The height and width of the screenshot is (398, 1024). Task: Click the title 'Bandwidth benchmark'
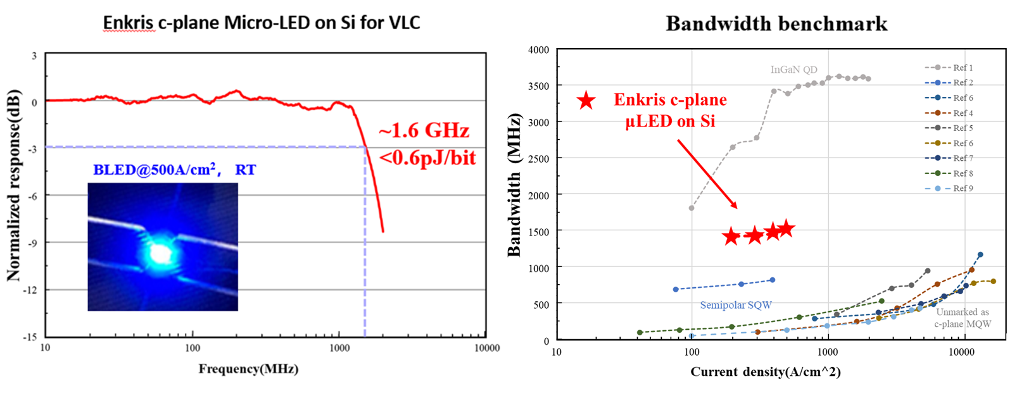click(x=776, y=24)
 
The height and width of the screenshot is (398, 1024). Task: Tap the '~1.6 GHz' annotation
click(x=424, y=131)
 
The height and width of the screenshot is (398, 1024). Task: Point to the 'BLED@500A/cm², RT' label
click(x=175, y=170)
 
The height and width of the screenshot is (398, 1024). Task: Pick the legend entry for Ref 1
click(x=949, y=68)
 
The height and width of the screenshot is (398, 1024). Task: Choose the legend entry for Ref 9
click(x=949, y=189)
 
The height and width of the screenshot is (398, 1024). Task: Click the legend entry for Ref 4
click(x=949, y=113)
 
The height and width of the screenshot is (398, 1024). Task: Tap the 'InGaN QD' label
click(x=793, y=70)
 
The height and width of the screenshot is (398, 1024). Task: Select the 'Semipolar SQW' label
click(x=735, y=305)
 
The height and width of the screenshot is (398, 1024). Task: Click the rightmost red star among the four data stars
click(x=786, y=228)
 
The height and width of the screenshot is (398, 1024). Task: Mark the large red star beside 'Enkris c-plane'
click(x=586, y=100)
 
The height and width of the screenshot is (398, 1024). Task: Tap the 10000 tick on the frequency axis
click(x=486, y=348)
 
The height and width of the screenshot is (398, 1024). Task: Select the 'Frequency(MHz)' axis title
click(x=248, y=370)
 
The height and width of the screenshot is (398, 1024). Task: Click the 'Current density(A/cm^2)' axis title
click(x=765, y=372)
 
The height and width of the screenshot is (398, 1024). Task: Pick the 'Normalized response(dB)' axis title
click(x=14, y=185)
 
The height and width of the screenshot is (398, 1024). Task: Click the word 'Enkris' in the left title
click(x=129, y=23)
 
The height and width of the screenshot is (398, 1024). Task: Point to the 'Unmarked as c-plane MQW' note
click(x=963, y=318)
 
